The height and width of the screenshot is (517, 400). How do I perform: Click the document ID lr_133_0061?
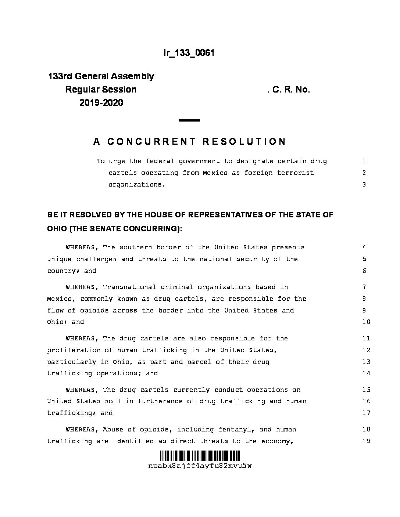click(x=189, y=53)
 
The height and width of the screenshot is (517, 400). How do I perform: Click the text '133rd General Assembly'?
click(x=101, y=76)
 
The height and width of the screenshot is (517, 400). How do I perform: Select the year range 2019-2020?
click(x=101, y=103)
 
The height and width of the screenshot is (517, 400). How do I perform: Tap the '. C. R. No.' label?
click(x=289, y=90)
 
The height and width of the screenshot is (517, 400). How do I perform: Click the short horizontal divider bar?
click(x=189, y=120)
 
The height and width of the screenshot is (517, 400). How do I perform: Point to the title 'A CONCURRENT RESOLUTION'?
click(x=190, y=142)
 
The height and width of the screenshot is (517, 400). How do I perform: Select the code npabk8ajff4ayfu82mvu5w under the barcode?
click(x=200, y=466)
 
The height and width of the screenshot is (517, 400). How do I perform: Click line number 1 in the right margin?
click(x=364, y=161)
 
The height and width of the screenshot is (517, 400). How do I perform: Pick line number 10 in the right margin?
click(x=366, y=322)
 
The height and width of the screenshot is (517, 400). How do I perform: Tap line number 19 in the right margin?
click(x=366, y=441)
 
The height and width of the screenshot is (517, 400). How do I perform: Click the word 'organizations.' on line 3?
click(x=137, y=185)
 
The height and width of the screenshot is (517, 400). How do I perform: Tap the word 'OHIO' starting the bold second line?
click(x=57, y=229)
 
